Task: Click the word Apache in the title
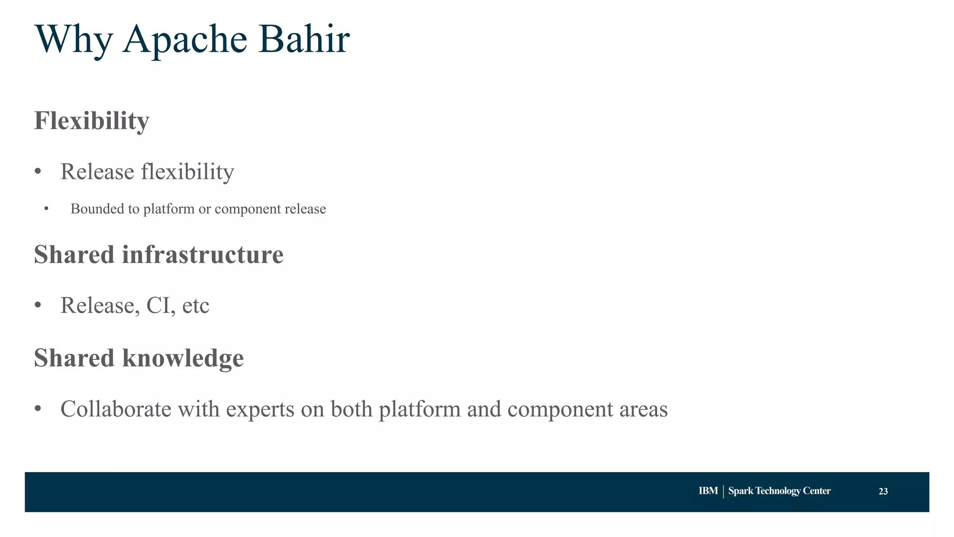pyautogui.click(x=184, y=40)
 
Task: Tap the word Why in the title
pyautogui.click(x=74, y=40)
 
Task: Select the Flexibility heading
pyautogui.click(x=92, y=121)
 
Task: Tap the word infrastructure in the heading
pyautogui.click(x=203, y=255)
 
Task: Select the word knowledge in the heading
pyautogui.click(x=183, y=358)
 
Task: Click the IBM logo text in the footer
pyautogui.click(x=708, y=491)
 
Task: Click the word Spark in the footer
pyautogui.click(x=741, y=491)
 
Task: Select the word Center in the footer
pyautogui.click(x=817, y=491)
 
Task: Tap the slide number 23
pyautogui.click(x=883, y=491)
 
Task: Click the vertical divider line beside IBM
pyautogui.click(x=723, y=491)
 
